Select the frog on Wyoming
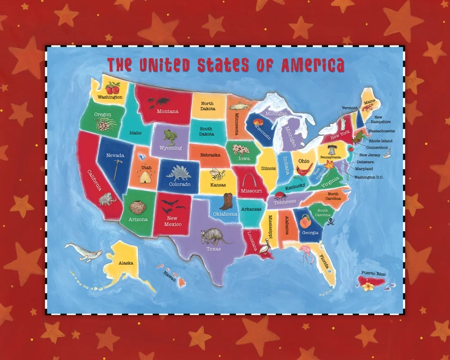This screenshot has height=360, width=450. [x=170, y=136]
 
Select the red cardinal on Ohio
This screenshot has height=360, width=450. [x=305, y=170]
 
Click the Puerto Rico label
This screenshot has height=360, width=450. [x=373, y=274]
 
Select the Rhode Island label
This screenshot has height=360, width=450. [x=381, y=141]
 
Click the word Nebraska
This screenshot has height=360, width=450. [x=210, y=155]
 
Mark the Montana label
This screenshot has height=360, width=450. [x=167, y=111]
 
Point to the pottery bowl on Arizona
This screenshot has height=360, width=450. [x=137, y=207]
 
